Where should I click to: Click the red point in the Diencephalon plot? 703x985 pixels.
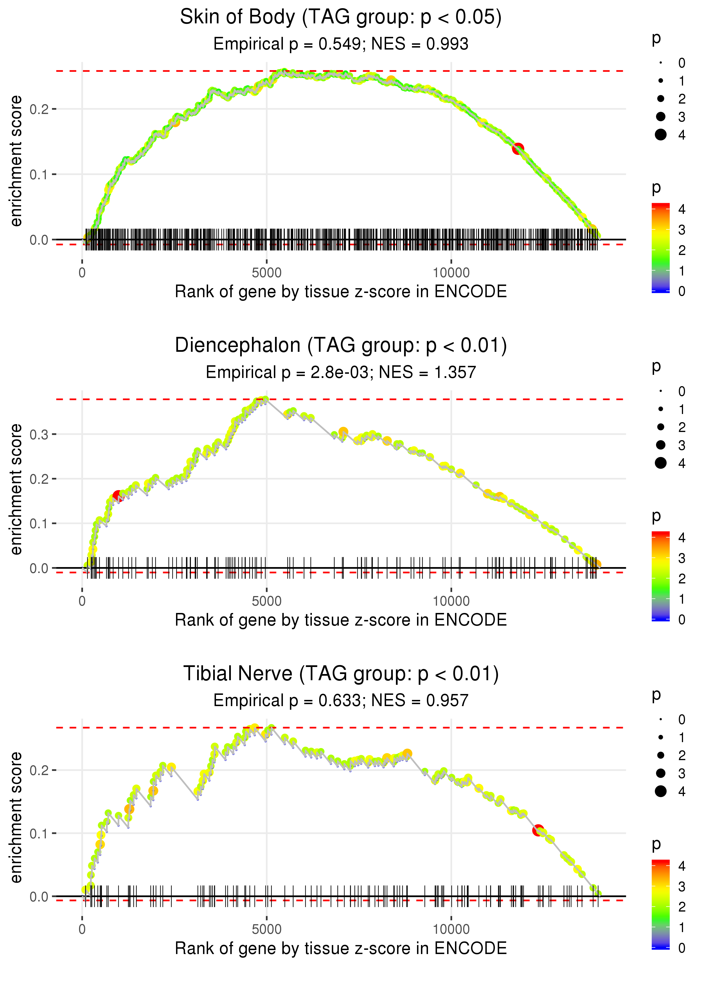(x=117, y=496)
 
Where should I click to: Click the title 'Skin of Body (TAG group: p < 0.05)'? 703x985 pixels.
(x=341, y=17)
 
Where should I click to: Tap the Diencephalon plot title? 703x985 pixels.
(x=341, y=346)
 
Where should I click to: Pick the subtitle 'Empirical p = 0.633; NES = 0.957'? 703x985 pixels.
(x=341, y=700)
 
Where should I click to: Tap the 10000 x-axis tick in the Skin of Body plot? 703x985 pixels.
(x=451, y=273)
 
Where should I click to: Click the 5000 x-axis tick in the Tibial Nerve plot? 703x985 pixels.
(x=267, y=930)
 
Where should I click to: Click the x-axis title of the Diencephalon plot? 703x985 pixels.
(x=341, y=620)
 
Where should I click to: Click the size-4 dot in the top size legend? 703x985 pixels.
(x=661, y=135)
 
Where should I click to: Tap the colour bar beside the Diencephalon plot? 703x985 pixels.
(x=661, y=576)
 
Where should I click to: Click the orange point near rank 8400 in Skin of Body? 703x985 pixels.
(x=391, y=80)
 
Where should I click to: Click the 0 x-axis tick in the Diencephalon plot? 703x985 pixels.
(x=82, y=601)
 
